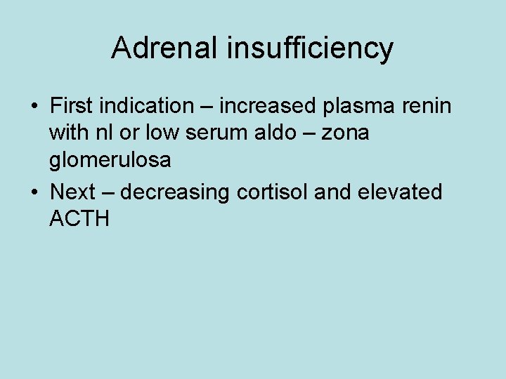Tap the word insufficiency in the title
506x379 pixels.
pos(311,48)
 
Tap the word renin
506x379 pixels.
pos(428,106)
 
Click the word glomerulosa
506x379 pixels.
pos(110,161)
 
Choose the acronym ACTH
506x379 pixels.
pos(79,218)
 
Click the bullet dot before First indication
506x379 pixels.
pos(34,107)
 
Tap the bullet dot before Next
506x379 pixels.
pos(34,192)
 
